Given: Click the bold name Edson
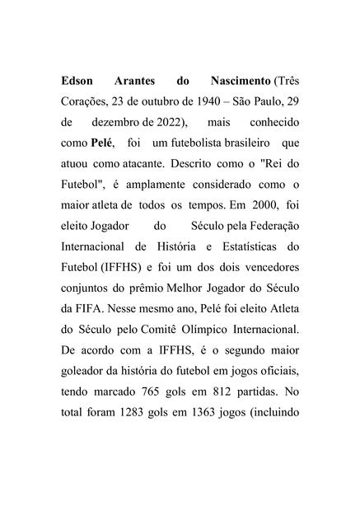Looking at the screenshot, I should [x=79, y=82].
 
